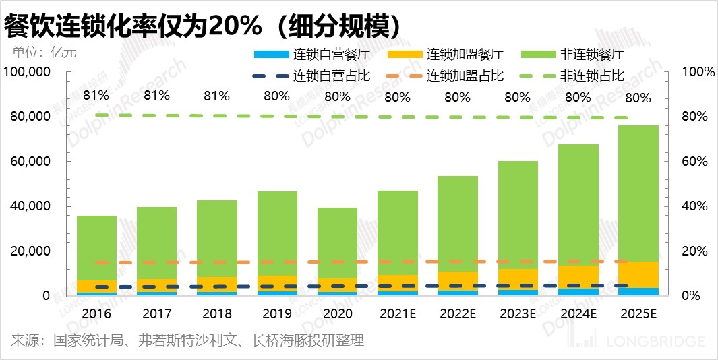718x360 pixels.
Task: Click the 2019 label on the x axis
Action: (x=276, y=313)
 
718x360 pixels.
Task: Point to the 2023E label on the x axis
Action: (x=518, y=313)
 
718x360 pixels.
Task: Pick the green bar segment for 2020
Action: (x=337, y=243)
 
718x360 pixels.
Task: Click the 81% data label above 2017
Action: (x=156, y=96)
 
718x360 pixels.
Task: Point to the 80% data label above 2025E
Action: (x=638, y=98)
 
